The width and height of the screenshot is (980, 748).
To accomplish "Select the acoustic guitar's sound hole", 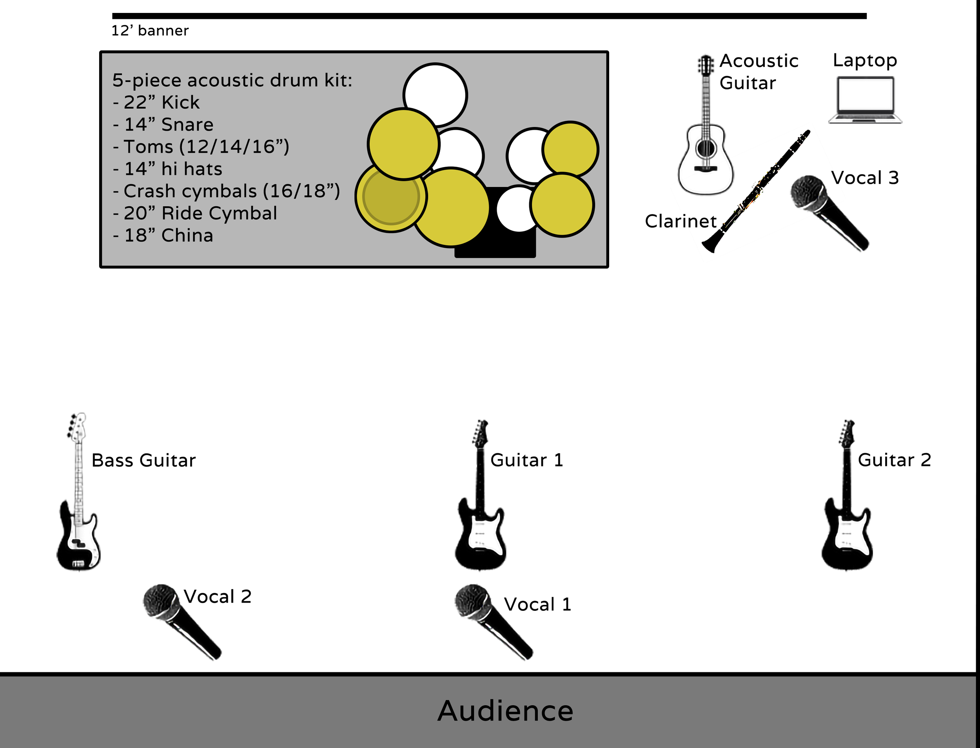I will (x=705, y=148).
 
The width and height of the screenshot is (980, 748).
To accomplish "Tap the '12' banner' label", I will (x=150, y=31).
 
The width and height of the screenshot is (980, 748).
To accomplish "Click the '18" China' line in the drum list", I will (x=163, y=236).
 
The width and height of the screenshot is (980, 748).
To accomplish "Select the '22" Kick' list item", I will (x=157, y=102).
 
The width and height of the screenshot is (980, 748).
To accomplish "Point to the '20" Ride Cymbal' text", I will (x=195, y=213).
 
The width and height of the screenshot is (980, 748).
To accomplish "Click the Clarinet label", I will (x=681, y=221).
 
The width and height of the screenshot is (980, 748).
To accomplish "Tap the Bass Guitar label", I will (x=143, y=460).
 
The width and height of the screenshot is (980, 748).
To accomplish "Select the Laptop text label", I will (x=865, y=60).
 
